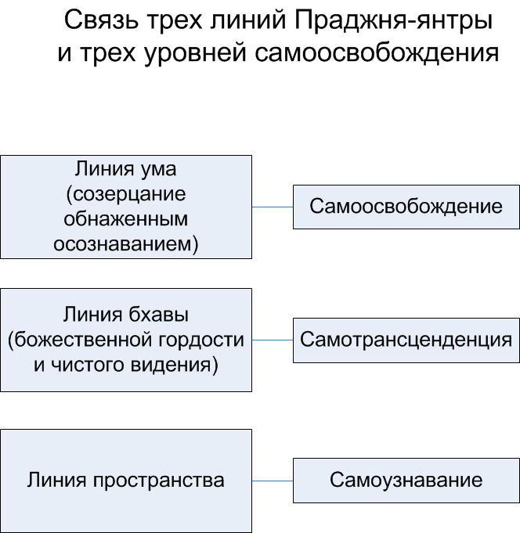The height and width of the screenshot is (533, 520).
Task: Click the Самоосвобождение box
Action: pos(406,207)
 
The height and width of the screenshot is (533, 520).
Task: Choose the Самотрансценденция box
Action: pos(406,340)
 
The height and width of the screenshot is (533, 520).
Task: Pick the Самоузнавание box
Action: pos(406,480)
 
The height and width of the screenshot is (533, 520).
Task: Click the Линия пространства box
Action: pos(125,481)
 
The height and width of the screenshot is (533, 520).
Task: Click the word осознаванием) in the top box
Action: pos(125,243)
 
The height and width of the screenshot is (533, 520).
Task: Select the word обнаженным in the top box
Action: pos(125,219)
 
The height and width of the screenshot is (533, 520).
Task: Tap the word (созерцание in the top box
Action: pos(125,195)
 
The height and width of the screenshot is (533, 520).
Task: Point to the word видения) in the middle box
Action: pos(177,364)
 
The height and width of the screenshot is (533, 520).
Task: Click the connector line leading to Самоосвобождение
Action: pos(272,207)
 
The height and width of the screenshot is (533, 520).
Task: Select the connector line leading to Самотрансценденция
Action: pos(272,340)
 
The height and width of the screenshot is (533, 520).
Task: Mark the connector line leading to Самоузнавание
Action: pos(272,480)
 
